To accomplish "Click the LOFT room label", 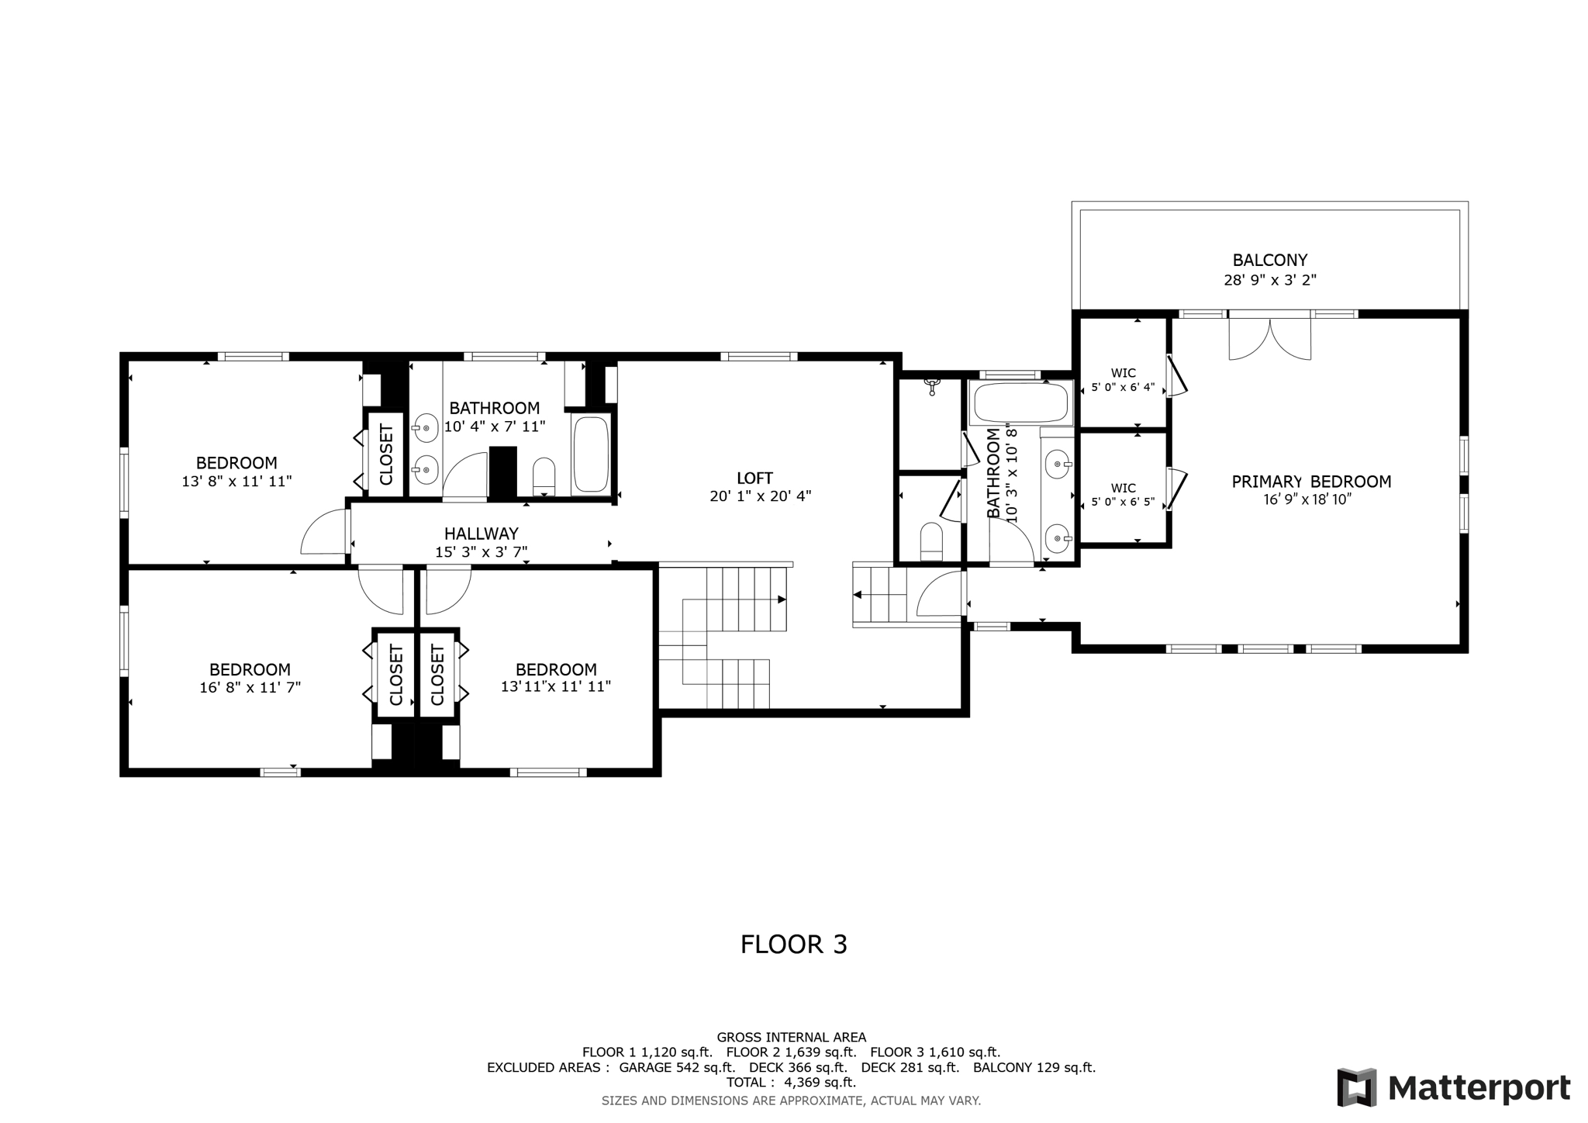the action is (754, 479).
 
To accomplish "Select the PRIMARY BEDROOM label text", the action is (1311, 482).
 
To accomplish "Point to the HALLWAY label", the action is (481, 534).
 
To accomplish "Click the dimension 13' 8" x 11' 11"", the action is (236, 482).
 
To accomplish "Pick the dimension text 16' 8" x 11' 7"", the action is (250, 687).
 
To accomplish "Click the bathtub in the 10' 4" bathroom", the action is (592, 454).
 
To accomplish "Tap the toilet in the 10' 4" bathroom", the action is (544, 476).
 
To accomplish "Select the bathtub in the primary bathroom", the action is (1021, 403).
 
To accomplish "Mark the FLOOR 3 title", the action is (794, 945).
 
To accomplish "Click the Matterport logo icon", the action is (1356, 1087).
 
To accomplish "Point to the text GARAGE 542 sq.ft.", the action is (677, 1067).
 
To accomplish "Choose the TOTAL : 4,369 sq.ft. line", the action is (791, 1082).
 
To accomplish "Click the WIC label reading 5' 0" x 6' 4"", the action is (1123, 380).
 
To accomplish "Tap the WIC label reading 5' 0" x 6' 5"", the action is (1123, 495).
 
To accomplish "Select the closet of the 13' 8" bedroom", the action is (386, 454).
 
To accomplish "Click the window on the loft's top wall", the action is (758, 357).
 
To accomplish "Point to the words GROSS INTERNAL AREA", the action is (791, 1038).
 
